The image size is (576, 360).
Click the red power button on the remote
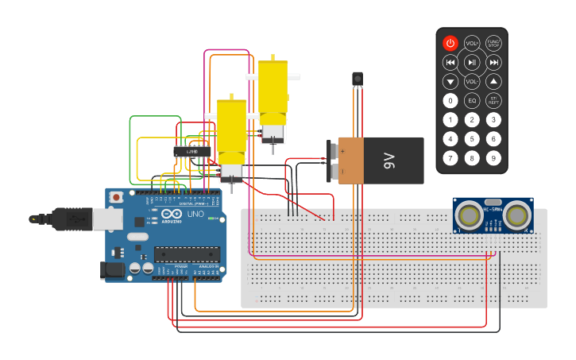click(450, 43)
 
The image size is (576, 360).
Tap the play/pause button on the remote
click(472, 62)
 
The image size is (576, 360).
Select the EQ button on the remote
click(472, 100)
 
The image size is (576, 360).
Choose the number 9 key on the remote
click(493, 158)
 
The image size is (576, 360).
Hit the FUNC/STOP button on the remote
click(493, 43)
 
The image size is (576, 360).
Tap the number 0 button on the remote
click(450, 100)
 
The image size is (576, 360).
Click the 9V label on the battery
click(389, 161)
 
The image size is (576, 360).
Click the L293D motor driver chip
click(192, 150)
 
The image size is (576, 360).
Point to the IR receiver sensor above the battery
click(358, 79)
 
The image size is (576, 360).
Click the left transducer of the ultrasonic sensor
click(470, 215)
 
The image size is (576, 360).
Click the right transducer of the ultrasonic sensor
click(517, 215)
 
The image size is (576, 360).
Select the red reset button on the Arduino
click(117, 196)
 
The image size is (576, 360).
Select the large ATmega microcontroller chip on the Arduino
click(187, 254)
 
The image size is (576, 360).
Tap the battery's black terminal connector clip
click(332, 161)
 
